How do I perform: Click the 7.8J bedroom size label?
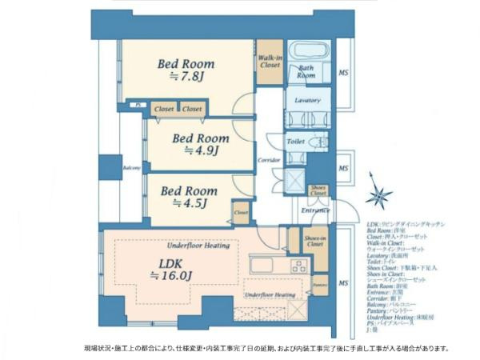[186, 77]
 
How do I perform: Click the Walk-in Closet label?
[269, 61]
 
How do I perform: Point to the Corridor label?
[269, 160]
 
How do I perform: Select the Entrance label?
[316, 210]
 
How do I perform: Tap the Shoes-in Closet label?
[314, 242]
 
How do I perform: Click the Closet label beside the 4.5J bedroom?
[241, 213]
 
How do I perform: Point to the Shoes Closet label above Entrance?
[318, 190]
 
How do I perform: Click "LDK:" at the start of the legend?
[372, 224]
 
